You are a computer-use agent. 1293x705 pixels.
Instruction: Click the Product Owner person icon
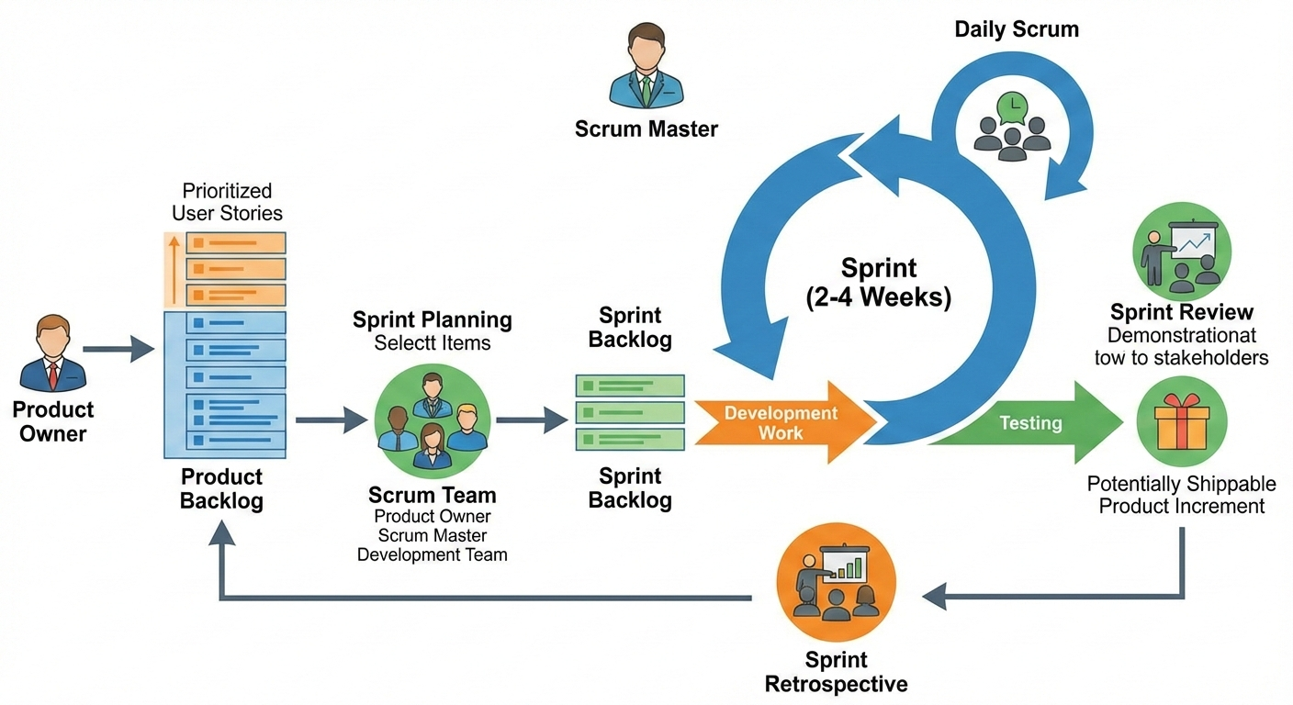pos(53,353)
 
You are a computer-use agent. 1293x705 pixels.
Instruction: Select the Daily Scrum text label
pos(1016,29)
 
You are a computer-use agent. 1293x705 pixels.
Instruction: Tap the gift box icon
pos(1181,423)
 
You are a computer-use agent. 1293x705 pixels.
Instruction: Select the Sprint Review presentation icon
pos(1181,251)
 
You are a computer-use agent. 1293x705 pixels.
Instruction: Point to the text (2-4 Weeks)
pos(879,297)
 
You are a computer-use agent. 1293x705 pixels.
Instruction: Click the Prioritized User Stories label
pos(227,202)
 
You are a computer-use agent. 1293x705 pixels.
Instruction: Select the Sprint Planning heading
pos(433,320)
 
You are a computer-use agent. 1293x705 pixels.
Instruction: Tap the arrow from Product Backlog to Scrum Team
pos(331,420)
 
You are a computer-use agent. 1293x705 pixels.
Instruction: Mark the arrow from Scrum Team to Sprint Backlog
pos(533,420)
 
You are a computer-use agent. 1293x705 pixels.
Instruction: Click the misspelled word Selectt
pos(405,343)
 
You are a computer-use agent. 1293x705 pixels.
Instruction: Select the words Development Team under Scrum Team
pos(432,554)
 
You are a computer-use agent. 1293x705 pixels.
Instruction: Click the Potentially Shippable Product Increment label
pos(1181,495)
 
